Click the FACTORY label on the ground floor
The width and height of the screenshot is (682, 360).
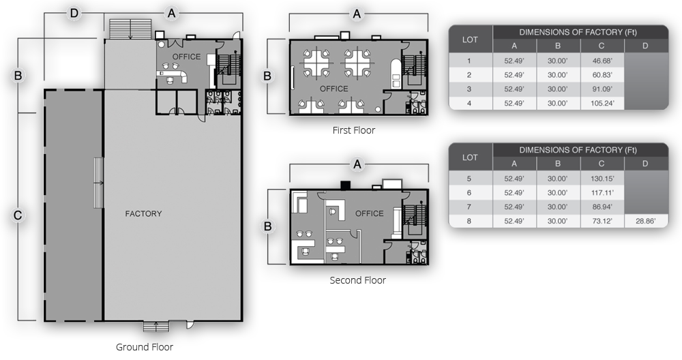point(143,213)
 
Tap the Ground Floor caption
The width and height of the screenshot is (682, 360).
point(145,347)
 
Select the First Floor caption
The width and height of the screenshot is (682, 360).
point(353,130)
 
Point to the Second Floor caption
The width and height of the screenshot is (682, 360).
point(357,280)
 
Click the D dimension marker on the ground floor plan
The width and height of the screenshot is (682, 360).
point(74,14)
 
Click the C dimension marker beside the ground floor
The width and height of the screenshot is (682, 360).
point(18,215)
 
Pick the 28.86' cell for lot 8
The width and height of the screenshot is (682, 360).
point(645,221)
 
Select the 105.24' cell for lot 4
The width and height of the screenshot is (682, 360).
point(602,103)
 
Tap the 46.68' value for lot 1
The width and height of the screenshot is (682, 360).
point(602,61)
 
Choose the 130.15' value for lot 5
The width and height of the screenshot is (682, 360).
point(602,179)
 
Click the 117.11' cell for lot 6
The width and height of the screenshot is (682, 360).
point(602,192)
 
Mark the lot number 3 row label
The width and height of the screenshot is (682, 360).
point(469,89)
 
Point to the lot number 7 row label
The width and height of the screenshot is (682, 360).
point(469,207)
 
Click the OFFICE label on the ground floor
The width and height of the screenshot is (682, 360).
point(187,57)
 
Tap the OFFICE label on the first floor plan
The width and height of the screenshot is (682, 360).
point(334,89)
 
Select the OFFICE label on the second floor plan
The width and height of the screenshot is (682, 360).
point(369,213)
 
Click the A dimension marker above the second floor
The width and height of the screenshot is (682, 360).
point(357,164)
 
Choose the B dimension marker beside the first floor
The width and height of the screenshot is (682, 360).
point(267,76)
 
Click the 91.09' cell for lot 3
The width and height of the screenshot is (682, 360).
point(602,89)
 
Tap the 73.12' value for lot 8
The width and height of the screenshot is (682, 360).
point(602,221)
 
